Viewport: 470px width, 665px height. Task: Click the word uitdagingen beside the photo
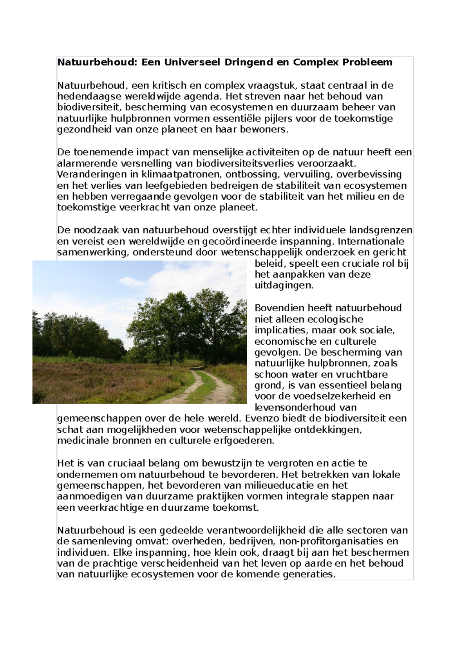pos(284,286)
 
